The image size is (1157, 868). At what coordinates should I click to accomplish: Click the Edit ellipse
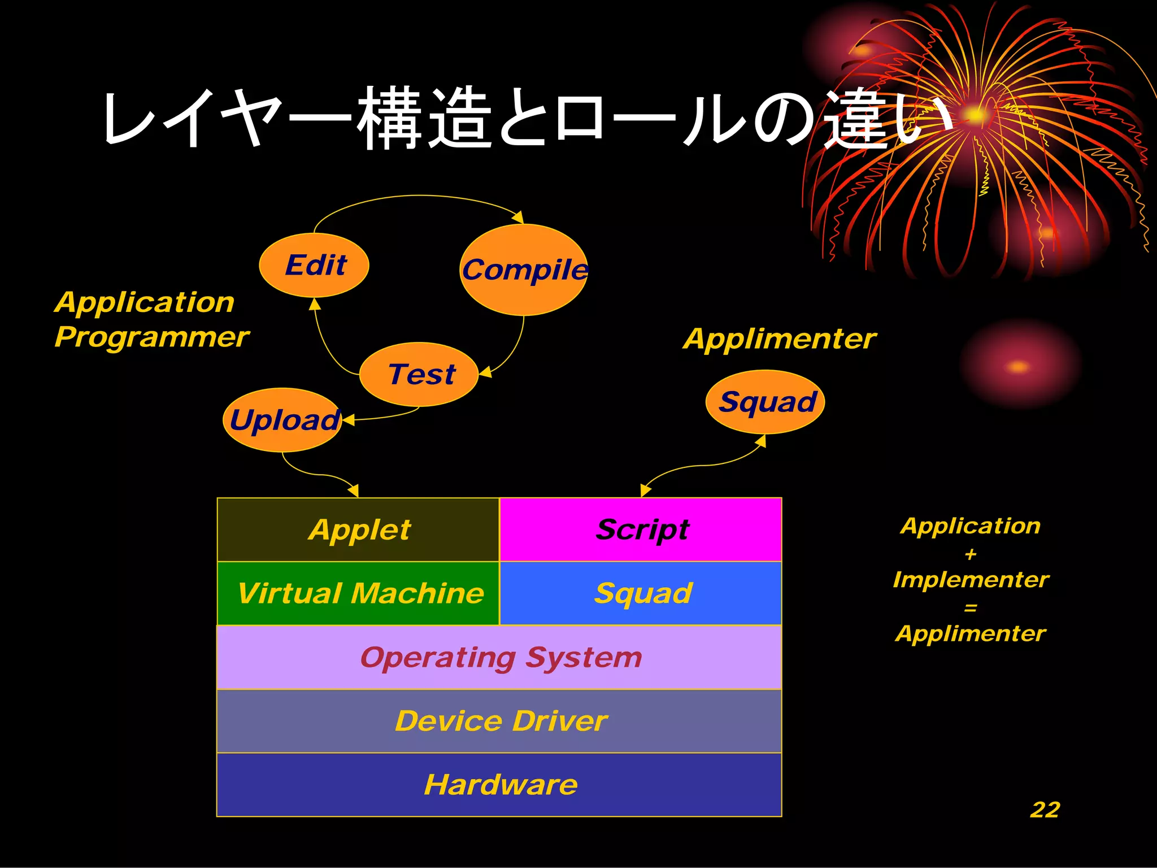coord(314,265)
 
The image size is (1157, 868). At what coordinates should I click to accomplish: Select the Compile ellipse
coord(524,270)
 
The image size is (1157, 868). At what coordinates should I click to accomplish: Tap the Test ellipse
coord(419,374)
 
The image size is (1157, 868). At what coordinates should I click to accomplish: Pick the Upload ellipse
coord(282,420)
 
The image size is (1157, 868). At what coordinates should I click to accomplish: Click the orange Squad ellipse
coord(765,402)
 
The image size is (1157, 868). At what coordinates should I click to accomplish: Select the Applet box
coord(359,530)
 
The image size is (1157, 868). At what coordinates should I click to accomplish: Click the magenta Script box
coord(641,530)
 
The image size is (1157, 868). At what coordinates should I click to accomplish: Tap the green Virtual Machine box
coord(359,593)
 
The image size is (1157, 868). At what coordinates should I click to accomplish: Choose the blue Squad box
coord(641,593)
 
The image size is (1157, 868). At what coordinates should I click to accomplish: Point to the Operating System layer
coord(499,657)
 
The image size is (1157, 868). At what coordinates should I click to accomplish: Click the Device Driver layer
coord(499,721)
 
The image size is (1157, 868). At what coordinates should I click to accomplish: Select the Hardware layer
coord(499,785)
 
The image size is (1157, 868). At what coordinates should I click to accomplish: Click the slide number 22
coord(1045,810)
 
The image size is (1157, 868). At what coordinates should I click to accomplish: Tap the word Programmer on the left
coord(151,337)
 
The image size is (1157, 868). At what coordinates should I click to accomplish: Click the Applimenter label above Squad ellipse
coord(780,339)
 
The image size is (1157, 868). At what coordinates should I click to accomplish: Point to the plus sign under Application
coord(971,554)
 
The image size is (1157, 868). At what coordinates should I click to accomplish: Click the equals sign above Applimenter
coord(971,608)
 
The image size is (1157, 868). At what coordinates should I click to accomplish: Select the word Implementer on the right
coord(971,580)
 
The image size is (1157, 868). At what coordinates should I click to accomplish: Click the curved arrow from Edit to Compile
coord(418,196)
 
